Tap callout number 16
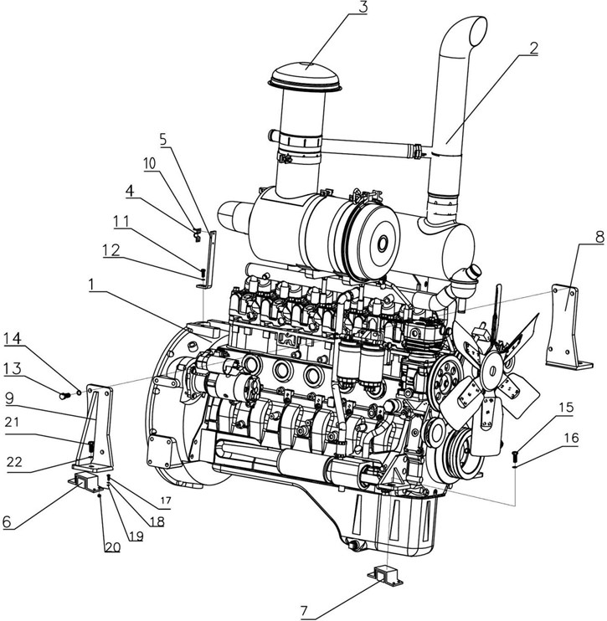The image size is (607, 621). click(570, 438)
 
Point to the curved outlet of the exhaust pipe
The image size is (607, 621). click(469, 33)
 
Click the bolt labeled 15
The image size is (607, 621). click(515, 456)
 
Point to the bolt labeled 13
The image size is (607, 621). click(65, 391)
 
